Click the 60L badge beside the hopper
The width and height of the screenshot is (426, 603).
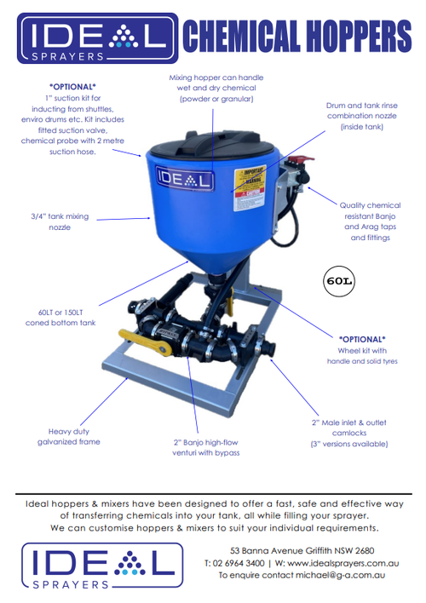(338, 279)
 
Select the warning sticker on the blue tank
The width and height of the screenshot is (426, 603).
(254, 187)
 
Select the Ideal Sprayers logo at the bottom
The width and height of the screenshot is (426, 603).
(98, 566)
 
